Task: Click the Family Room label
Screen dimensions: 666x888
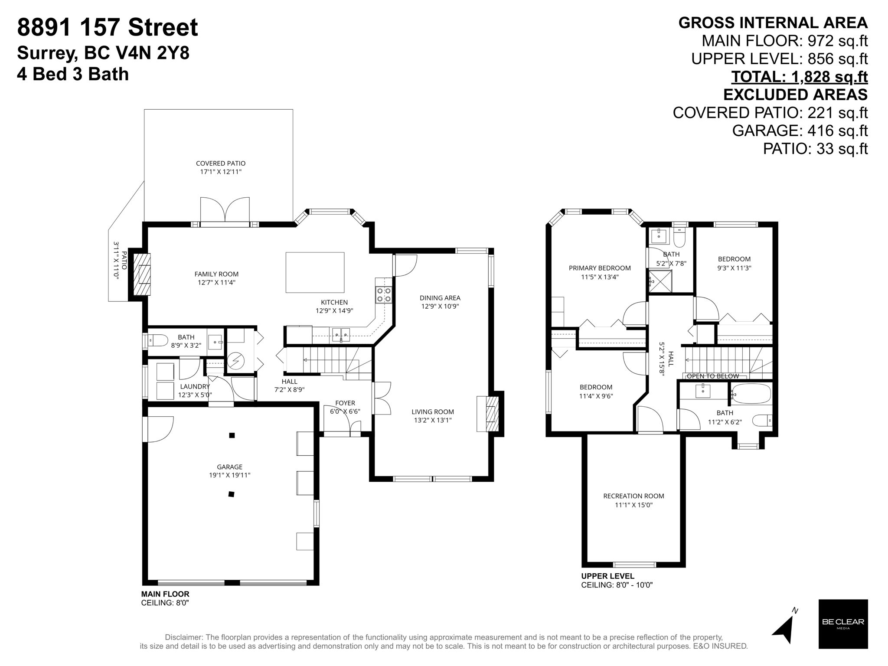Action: tap(216, 278)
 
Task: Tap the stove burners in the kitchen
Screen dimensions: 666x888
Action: tap(384, 295)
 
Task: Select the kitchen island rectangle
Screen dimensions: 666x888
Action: tap(315, 273)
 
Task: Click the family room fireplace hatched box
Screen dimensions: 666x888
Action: tap(142, 274)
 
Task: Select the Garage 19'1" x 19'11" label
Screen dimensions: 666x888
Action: tap(229, 471)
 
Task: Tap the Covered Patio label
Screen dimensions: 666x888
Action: tap(220, 167)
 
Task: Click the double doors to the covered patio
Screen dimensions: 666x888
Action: tap(225, 212)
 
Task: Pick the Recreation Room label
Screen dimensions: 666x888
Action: tap(633, 500)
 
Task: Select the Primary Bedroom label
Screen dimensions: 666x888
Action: tap(600, 272)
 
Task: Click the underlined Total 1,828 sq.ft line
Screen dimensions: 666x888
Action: tap(799, 77)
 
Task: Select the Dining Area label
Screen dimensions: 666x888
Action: tap(440, 302)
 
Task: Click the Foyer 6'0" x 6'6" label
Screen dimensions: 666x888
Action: tap(345, 407)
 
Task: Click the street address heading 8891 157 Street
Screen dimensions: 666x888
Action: tap(108, 28)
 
